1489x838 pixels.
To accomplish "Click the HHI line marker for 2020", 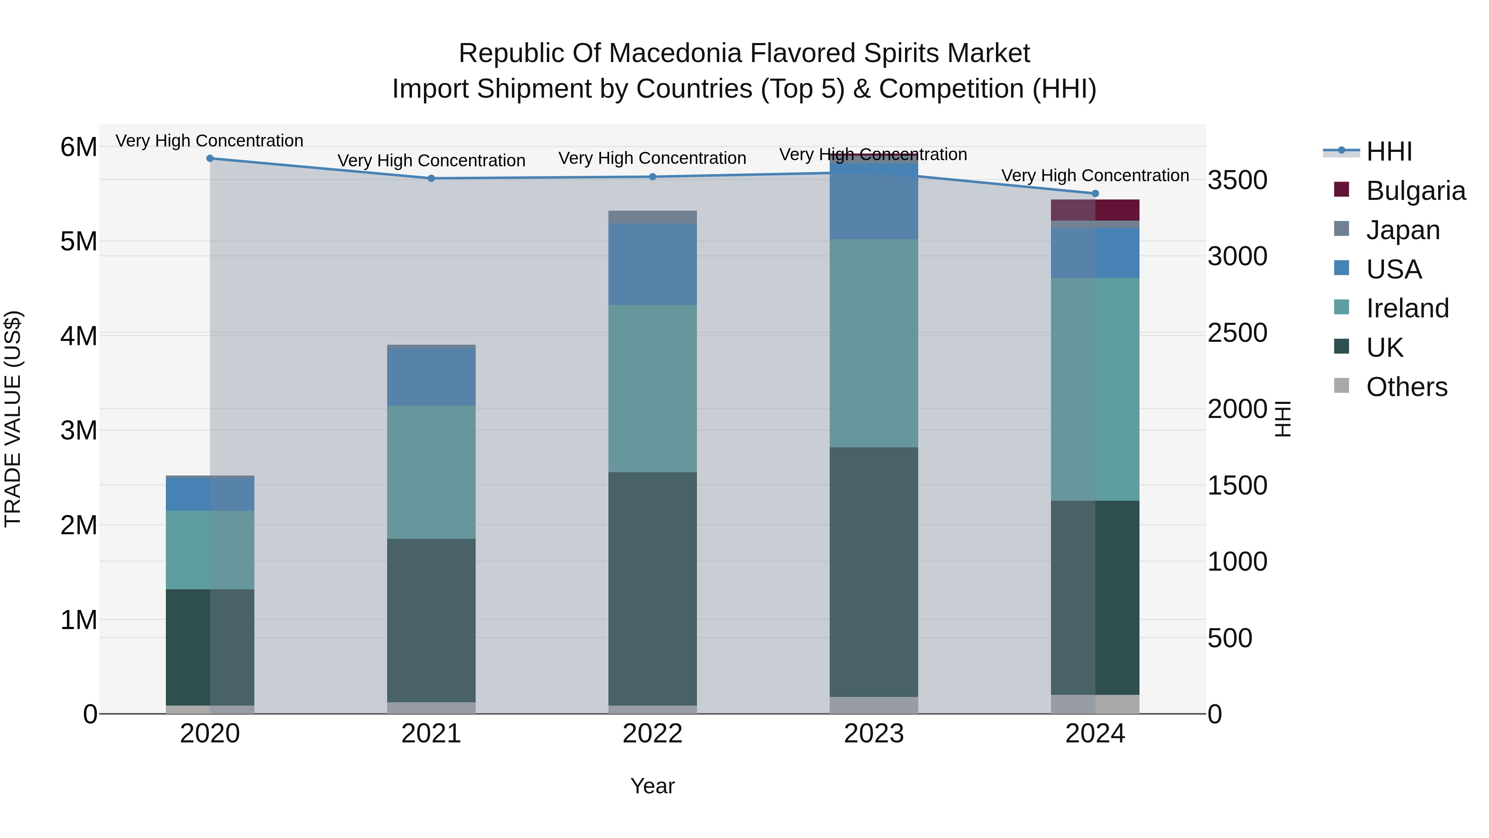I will click(x=210, y=158).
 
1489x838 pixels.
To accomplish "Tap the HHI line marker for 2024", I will click(x=1095, y=194).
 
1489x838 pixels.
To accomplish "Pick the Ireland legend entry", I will click(x=1407, y=308).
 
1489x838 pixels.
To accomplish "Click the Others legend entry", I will click(x=1406, y=387).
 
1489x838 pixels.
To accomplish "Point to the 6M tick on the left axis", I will click(x=79, y=147).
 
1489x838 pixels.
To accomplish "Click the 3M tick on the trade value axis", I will click(x=79, y=430).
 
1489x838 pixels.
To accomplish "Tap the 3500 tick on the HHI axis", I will click(x=1238, y=180).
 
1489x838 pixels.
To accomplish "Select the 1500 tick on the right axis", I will click(x=1238, y=485).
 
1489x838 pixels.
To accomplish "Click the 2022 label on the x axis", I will click(x=652, y=733).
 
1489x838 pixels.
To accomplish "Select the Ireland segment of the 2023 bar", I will click(x=874, y=343).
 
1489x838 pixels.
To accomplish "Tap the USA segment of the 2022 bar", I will click(x=652, y=264).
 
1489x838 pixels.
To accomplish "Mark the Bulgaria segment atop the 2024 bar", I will click(x=1095, y=210).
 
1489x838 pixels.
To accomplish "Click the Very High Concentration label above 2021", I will click(x=431, y=160).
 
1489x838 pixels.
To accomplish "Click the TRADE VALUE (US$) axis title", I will click(x=13, y=419).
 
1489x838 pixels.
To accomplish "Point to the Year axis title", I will click(x=652, y=786).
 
